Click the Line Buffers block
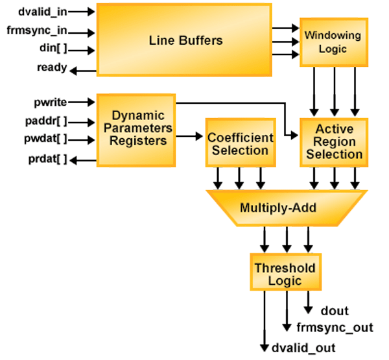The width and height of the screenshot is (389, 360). coord(184,40)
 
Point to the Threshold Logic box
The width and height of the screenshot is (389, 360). coord(285,274)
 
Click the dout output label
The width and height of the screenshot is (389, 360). coord(335,311)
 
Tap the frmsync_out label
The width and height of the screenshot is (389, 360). coord(335,328)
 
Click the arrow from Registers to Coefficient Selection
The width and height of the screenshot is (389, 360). coord(190,137)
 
